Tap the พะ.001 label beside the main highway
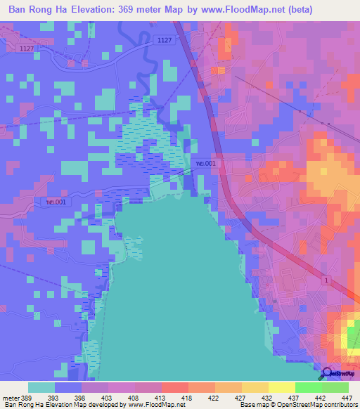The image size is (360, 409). [x=207, y=163]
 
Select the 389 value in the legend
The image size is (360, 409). [x=28, y=398]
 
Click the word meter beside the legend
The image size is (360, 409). [x=11, y=398]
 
